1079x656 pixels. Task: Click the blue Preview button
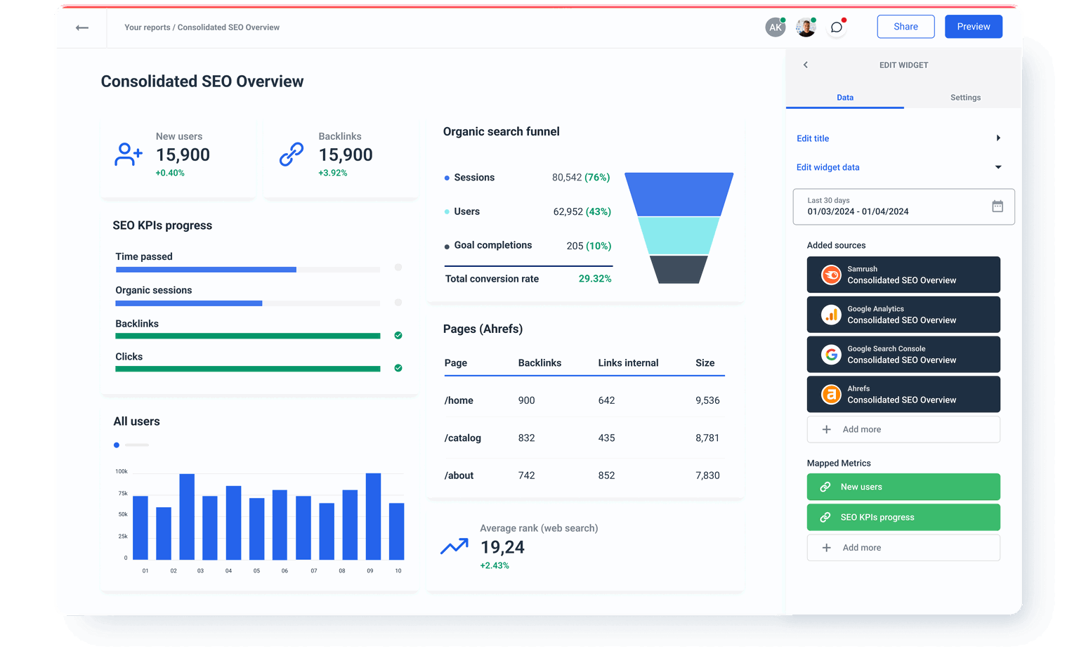coord(973,27)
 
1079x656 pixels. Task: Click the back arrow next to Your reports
coord(82,27)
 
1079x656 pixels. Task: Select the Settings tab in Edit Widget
coord(965,98)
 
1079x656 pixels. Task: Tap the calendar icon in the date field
coord(997,206)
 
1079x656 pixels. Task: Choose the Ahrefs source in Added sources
coord(903,394)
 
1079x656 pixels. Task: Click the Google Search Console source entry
coord(903,354)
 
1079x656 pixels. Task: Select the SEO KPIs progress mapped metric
coord(903,517)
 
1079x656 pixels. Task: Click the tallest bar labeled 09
coord(373,516)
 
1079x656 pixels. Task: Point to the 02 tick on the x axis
coord(174,570)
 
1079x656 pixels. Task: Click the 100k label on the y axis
coord(122,471)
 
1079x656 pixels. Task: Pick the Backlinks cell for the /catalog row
coord(526,438)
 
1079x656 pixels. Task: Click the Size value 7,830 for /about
coord(707,475)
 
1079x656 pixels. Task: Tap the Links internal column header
coord(628,363)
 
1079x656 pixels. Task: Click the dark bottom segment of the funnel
coord(679,270)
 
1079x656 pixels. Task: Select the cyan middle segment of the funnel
coord(679,235)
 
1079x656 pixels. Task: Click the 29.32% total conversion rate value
coord(594,279)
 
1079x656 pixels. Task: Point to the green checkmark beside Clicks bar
coord(398,368)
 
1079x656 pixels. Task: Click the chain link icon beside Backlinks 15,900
coord(292,154)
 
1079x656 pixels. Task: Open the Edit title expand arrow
coord(998,138)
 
